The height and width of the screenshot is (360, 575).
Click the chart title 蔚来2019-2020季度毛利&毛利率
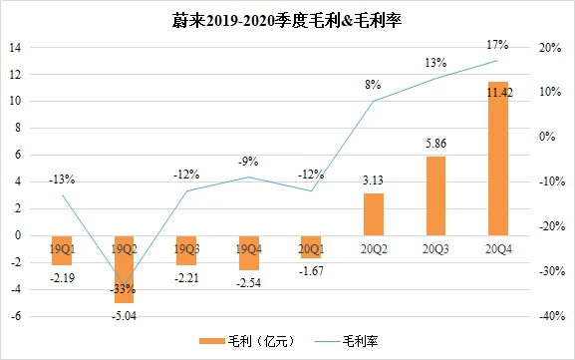pyautogui.click(x=287, y=20)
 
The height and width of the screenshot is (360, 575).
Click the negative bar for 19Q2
pyautogui.click(x=125, y=268)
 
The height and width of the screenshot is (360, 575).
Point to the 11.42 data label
pyautogui.click(x=496, y=92)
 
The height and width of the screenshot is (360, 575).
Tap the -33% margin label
pyautogui.click(x=123, y=288)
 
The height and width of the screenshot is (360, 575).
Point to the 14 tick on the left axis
pyautogui.click(x=17, y=47)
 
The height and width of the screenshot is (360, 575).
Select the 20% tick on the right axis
pyautogui.click(x=550, y=47)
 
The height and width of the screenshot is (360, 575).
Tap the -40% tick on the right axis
pyautogui.click(x=548, y=316)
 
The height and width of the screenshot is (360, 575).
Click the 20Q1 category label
pyautogui.click(x=311, y=246)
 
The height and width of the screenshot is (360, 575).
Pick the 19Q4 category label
pyautogui.click(x=249, y=246)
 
